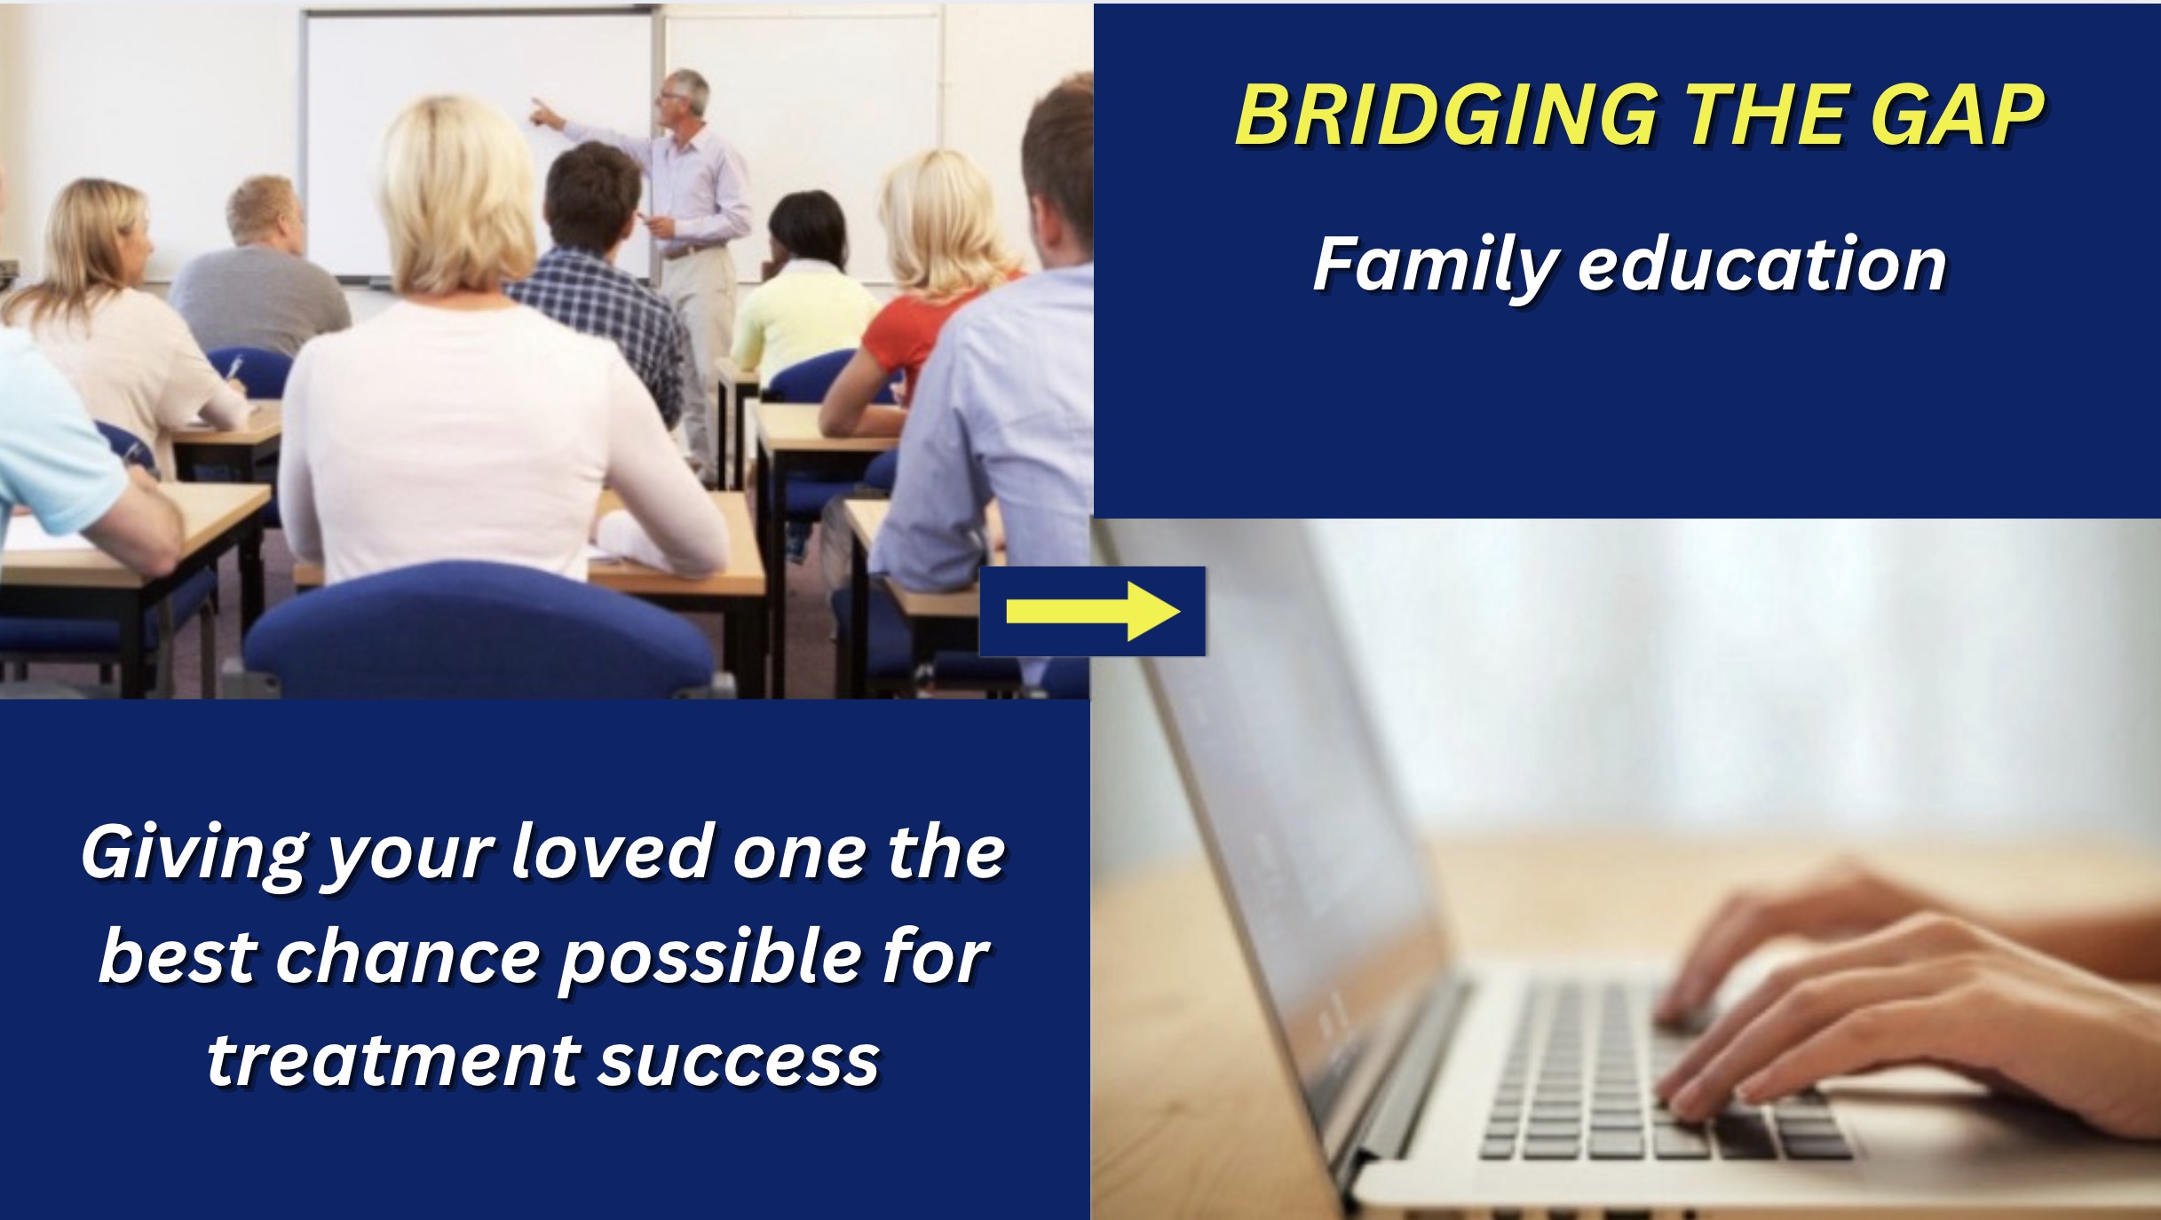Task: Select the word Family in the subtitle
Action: (1432, 265)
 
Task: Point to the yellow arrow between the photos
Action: (1093, 612)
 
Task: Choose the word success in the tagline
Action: (736, 1062)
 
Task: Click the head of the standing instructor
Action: (683, 95)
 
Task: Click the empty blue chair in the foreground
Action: (479, 630)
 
